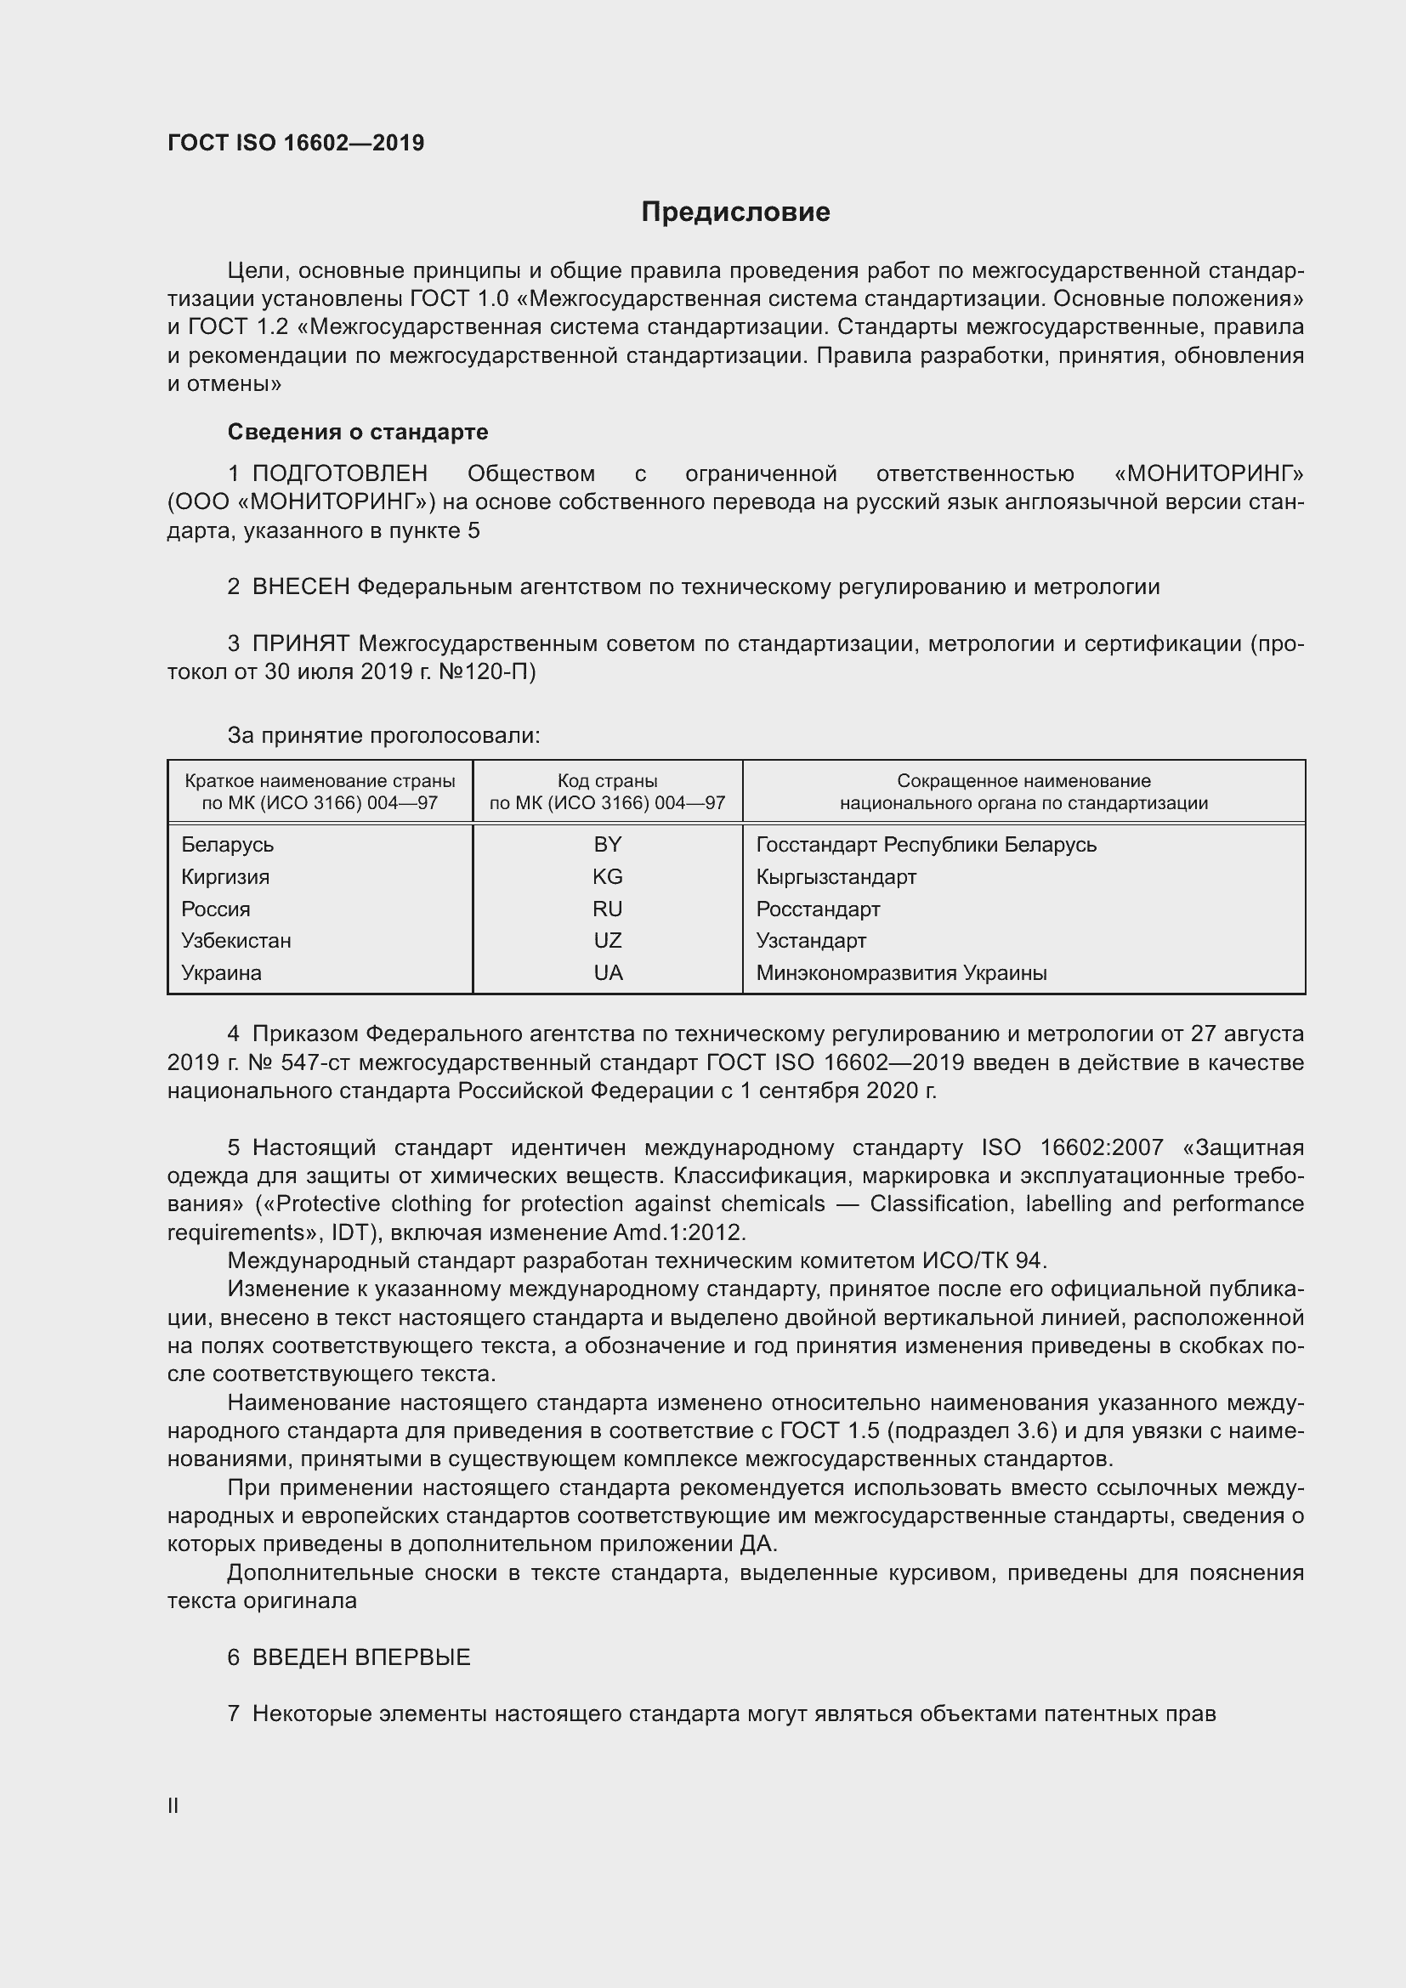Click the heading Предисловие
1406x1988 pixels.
pyautogui.click(x=735, y=212)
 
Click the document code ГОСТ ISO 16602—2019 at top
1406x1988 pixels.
pyautogui.click(x=296, y=143)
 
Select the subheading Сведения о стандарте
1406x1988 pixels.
pyautogui.click(x=358, y=431)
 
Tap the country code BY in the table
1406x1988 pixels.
pyautogui.click(x=608, y=844)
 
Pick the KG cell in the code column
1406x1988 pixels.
pyautogui.click(x=608, y=876)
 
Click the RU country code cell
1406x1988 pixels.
pyautogui.click(x=608, y=909)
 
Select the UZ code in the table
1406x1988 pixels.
pyautogui.click(x=608, y=940)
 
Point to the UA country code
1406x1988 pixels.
pyautogui.click(x=608, y=972)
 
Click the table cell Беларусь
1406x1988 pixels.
pyautogui.click(x=228, y=844)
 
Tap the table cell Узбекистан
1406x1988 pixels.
pyautogui.click(x=236, y=940)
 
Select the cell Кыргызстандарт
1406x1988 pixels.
pyautogui.click(x=836, y=876)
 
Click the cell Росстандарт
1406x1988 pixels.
pyautogui.click(x=817, y=909)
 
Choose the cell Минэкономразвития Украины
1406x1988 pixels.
pyautogui.click(x=900, y=972)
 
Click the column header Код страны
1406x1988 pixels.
pyautogui.click(x=607, y=781)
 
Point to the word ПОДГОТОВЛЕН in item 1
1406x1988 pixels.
pyautogui.click(x=339, y=473)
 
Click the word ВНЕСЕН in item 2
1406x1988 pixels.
pyautogui.click(x=300, y=587)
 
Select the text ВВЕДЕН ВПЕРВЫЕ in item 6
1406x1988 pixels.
pyautogui.click(x=361, y=1657)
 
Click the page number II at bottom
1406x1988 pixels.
pyautogui.click(x=173, y=1806)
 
